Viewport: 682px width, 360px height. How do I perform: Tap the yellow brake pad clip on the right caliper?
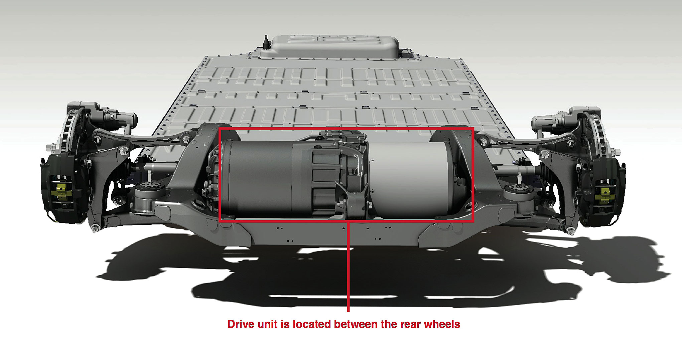tap(603, 195)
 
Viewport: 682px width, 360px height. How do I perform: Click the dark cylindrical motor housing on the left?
tap(257, 179)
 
